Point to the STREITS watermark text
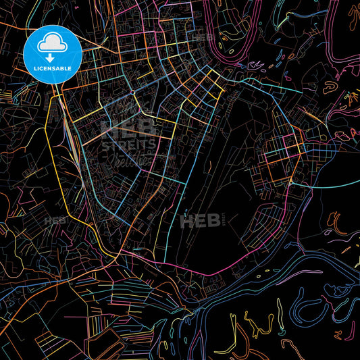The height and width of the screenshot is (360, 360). pos(128,144)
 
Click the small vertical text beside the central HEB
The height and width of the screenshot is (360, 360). pos(221,219)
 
